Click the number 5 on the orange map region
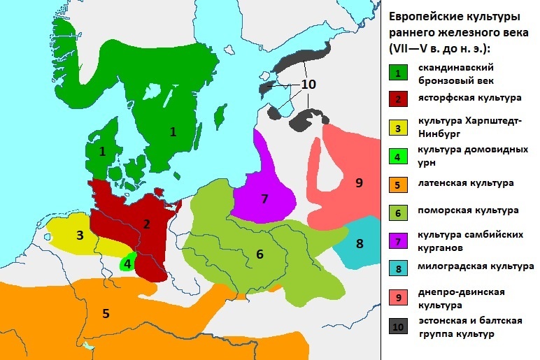(x=106, y=313)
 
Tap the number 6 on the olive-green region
(x=260, y=254)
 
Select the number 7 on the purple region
(x=264, y=199)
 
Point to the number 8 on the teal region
(x=360, y=244)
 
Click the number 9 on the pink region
(x=359, y=182)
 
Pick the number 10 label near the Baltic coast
(x=308, y=84)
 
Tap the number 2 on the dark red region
(x=146, y=224)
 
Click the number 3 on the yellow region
(x=80, y=235)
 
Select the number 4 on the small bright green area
(x=128, y=264)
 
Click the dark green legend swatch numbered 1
(x=397, y=73)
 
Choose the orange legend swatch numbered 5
(x=397, y=185)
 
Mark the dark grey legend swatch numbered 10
(x=397, y=326)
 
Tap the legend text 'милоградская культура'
(x=476, y=266)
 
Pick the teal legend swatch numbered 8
(x=397, y=268)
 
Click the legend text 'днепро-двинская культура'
(x=460, y=298)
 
